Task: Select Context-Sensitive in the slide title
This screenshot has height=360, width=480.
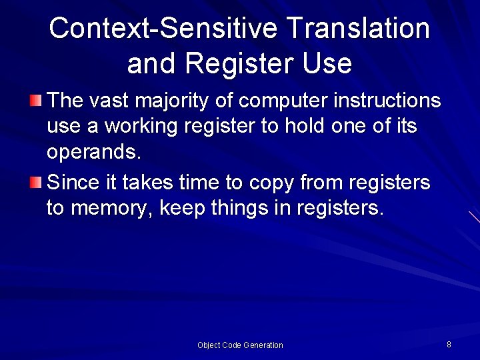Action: pos(163,29)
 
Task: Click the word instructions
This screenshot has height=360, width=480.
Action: pos(389,101)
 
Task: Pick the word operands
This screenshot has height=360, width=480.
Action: pos(93,153)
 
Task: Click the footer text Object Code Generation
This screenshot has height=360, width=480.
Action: pos(240,345)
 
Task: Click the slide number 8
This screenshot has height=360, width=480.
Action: pos(449,345)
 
